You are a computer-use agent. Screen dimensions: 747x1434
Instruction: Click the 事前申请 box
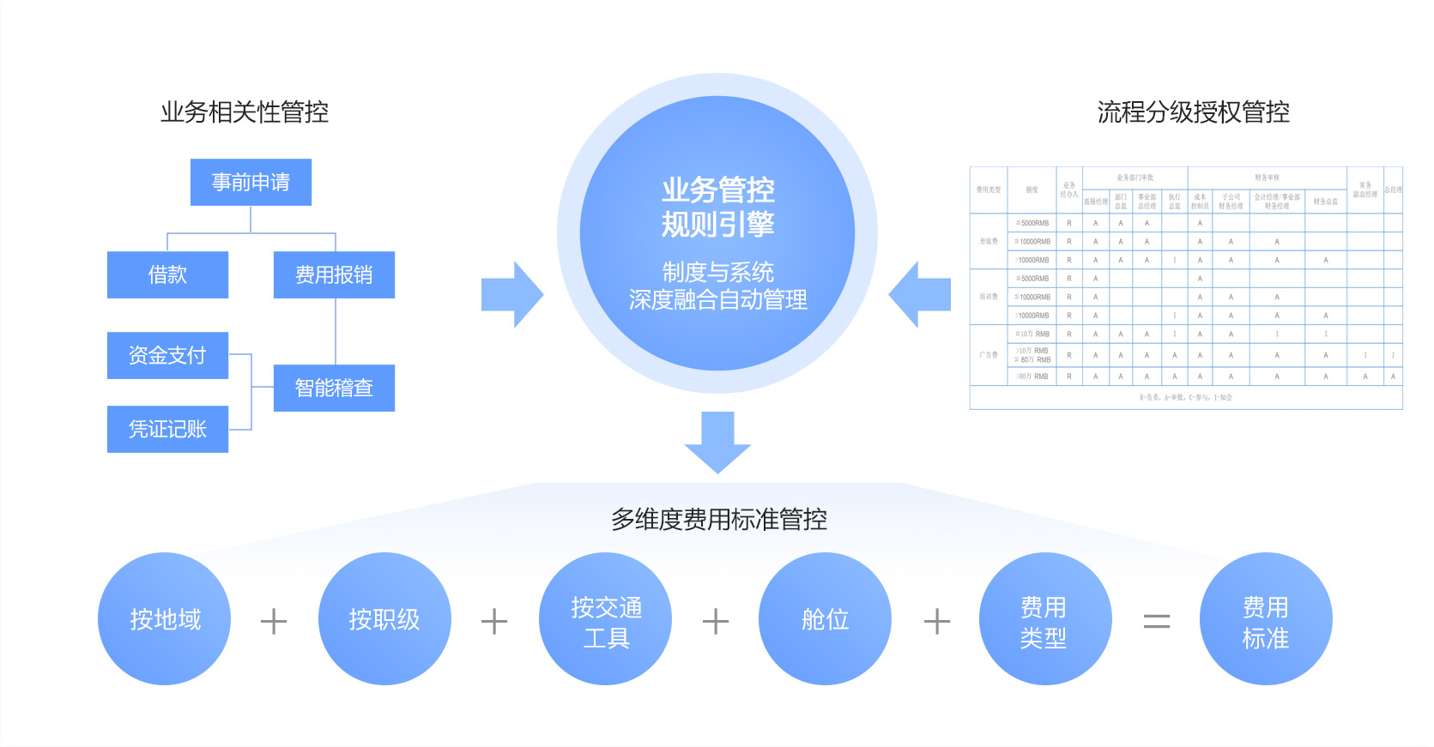(x=251, y=182)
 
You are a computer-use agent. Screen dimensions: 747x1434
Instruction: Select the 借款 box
(x=167, y=274)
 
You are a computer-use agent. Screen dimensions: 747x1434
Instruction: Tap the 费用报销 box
(x=334, y=274)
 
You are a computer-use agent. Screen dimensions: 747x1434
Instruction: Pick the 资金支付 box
(x=167, y=355)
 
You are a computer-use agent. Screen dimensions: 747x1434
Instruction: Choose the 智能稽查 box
(x=334, y=388)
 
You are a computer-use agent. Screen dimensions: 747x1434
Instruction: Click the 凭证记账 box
(x=167, y=429)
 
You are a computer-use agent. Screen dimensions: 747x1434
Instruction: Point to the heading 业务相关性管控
(x=245, y=111)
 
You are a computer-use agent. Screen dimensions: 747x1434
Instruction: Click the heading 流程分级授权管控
(x=1193, y=111)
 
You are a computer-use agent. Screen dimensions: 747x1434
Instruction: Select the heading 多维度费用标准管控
(x=718, y=519)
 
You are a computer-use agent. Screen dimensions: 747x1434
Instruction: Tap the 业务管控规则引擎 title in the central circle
(x=717, y=207)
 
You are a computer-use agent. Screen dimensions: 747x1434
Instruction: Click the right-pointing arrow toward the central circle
(x=511, y=295)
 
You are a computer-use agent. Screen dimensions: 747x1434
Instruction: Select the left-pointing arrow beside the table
(x=920, y=295)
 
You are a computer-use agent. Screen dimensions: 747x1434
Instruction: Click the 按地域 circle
(x=165, y=619)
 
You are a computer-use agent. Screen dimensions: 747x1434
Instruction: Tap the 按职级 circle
(x=384, y=619)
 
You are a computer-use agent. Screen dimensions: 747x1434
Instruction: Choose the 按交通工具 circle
(x=606, y=619)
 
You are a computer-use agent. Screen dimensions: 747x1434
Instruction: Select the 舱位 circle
(x=825, y=619)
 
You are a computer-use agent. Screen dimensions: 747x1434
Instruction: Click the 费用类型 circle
(x=1044, y=619)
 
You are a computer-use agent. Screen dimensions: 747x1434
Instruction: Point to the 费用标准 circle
(x=1265, y=619)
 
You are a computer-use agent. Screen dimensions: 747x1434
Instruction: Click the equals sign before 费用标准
(x=1157, y=621)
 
